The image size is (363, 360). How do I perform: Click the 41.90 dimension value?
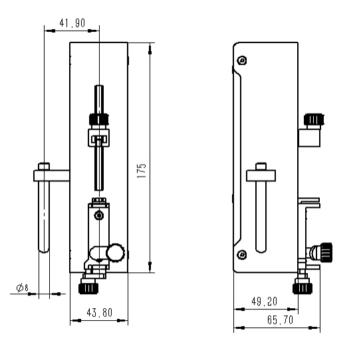(x=72, y=23)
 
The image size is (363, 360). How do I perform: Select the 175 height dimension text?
(x=141, y=170)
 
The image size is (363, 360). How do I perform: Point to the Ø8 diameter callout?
(x=21, y=288)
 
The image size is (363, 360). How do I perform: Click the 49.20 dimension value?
(x=265, y=301)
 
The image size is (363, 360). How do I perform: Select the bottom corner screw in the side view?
(x=242, y=253)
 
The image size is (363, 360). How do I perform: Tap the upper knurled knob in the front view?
(x=98, y=119)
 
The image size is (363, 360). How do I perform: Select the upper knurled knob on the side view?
(x=313, y=120)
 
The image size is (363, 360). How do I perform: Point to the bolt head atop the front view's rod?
(x=45, y=166)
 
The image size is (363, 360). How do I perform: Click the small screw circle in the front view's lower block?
(x=98, y=215)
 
